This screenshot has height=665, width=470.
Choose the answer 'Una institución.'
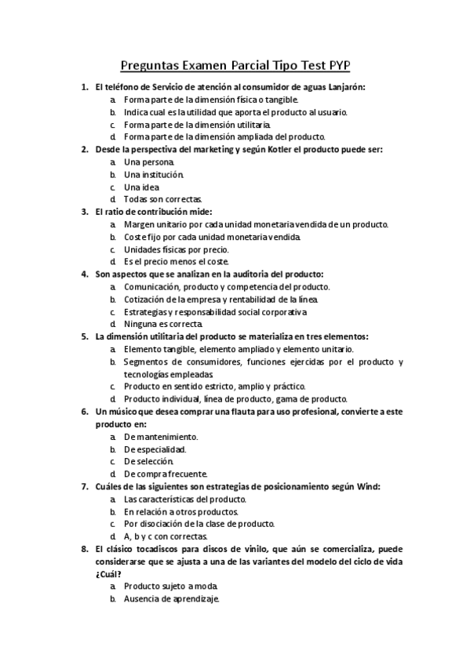[x=153, y=174]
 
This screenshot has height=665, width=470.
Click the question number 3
[x=85, y=212]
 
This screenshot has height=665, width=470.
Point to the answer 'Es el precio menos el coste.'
[x=176, y=261]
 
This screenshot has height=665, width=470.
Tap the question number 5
[x=85, y=336]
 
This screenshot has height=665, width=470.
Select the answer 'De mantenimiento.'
[x=161, y=436]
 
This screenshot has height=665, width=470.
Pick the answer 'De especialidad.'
[x=155, y=449]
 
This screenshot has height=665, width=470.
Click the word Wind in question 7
[x=367, y=486]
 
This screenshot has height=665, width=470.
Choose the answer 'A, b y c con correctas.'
[x=166, y=536]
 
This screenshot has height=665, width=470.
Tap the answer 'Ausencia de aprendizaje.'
[x=172, y=599]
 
